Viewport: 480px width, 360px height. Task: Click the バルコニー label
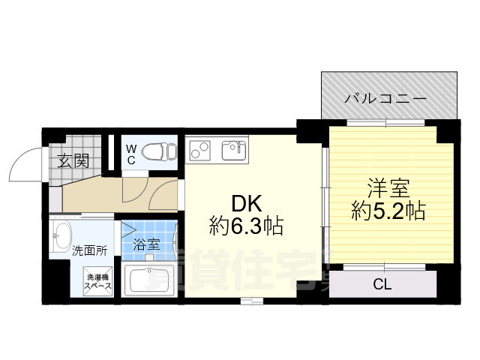[385, 99]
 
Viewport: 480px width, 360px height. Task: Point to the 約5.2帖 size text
[388, 211]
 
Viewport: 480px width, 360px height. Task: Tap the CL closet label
[382, 283]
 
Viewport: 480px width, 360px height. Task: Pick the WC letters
[130, 154]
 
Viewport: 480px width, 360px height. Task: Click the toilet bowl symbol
[159, 151]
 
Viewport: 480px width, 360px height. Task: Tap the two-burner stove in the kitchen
[200, 150]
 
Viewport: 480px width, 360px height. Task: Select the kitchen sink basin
[234, 150]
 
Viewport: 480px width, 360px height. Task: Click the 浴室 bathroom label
[146, 244]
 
